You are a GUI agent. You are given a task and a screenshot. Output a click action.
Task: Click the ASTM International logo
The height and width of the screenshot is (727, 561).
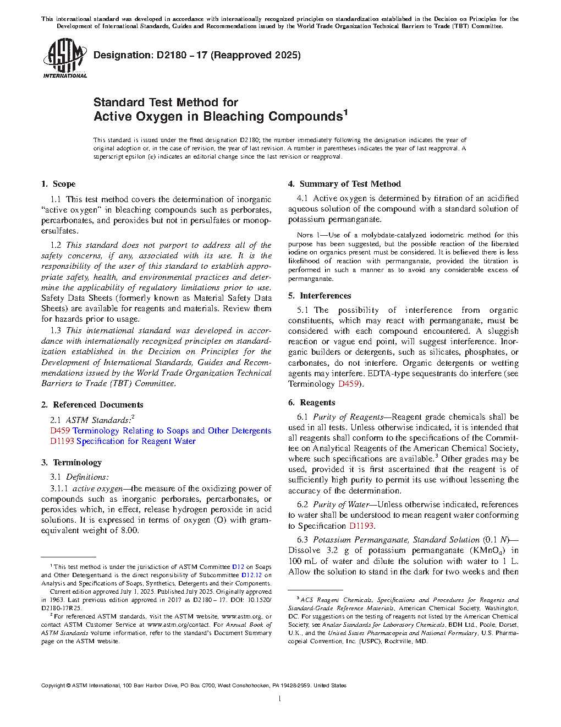coord(65,58)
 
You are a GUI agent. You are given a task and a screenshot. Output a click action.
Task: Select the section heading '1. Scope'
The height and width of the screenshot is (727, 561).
coord(58,184)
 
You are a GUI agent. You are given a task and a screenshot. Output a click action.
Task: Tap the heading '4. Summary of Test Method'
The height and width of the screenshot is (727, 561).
coord(344,184)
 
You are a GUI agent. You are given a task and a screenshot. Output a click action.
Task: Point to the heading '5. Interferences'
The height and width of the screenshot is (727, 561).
coord(320,296)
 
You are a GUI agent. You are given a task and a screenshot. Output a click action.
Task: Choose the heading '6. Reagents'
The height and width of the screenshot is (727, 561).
coord(311,403)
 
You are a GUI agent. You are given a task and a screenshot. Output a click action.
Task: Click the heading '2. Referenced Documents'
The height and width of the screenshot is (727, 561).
coord(92,405)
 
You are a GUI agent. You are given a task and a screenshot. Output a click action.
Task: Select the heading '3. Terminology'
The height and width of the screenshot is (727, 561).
coord(71,463)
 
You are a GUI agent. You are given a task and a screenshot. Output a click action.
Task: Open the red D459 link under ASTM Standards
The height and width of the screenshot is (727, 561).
coord(60,431)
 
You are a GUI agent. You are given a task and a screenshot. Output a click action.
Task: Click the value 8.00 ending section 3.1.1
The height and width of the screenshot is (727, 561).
coord(130,530)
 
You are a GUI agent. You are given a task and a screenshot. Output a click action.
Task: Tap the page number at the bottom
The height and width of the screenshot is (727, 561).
coord(280,699)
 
